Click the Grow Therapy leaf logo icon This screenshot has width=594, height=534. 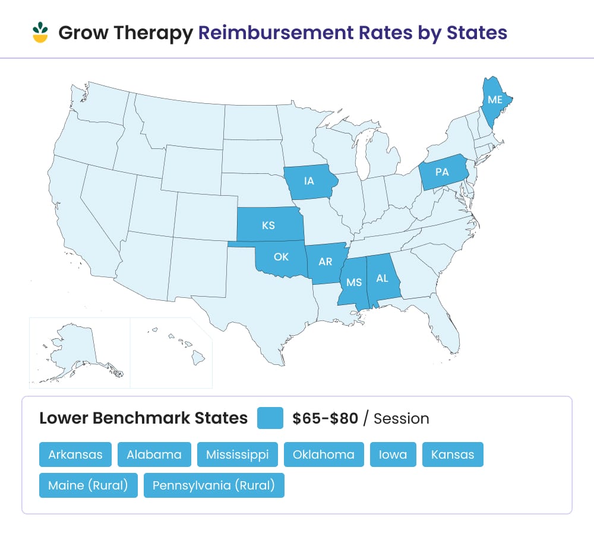[40, 33]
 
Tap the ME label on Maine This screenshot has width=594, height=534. [495, 100]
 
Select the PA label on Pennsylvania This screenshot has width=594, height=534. [442, 172]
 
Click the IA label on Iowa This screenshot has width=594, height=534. [309, 181]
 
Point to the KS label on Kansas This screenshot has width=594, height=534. [268, 225]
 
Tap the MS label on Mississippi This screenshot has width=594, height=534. [355, 282]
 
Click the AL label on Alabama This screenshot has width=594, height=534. [381, 278]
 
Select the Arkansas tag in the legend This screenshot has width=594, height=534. [75, 454]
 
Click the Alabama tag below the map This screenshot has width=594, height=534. [154, 454]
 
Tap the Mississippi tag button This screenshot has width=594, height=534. [238, 454]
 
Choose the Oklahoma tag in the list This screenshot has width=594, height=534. [324, 454]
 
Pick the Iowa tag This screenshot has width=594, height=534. [393, 454]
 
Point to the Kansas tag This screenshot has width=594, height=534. [453, 454]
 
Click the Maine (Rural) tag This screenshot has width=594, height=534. [89, 485]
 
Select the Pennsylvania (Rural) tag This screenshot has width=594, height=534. [214, 485]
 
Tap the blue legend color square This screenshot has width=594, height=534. [270, 418]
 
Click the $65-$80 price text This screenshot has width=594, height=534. [325, 418]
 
